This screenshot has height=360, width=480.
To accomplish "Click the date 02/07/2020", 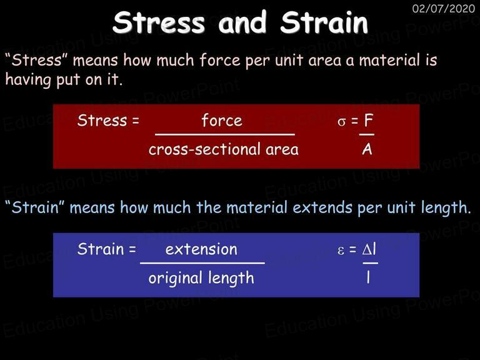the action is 444,8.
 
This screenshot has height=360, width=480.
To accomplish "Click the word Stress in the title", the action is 159,22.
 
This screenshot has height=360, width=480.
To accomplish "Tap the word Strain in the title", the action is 324,22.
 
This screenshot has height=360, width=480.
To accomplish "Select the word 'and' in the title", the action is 242,22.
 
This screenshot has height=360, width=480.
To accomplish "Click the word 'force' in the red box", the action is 222,120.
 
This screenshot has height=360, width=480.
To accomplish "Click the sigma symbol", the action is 341,122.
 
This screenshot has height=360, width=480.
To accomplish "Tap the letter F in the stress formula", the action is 368,120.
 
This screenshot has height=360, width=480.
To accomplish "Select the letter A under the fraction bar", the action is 367,149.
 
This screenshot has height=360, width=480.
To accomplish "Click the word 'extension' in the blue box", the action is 201,249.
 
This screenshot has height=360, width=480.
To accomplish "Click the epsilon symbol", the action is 341,251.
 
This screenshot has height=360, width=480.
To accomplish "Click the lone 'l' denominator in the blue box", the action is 368,277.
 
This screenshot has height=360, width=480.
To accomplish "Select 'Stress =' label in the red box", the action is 108,120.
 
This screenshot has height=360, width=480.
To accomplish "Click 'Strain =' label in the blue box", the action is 106,249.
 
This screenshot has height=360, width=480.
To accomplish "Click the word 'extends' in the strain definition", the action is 322,207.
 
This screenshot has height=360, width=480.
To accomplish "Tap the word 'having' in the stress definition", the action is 28,80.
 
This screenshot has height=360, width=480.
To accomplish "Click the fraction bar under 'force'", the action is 225,134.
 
